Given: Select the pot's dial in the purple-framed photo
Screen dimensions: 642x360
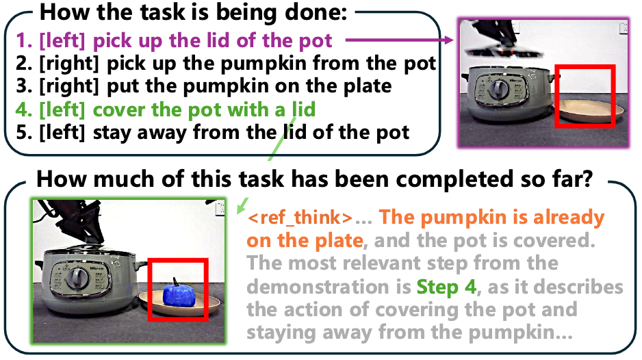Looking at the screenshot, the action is pos(499,89).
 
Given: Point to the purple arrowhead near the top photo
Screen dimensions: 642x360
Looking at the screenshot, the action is pos(450,40).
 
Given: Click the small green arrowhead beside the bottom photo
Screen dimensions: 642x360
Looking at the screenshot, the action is pos(242,205).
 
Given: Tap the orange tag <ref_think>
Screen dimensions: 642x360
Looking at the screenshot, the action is pos(300,218).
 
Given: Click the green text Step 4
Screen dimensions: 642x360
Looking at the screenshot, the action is pos(447,287).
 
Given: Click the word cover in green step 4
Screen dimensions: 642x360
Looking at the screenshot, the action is pos(119,110).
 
